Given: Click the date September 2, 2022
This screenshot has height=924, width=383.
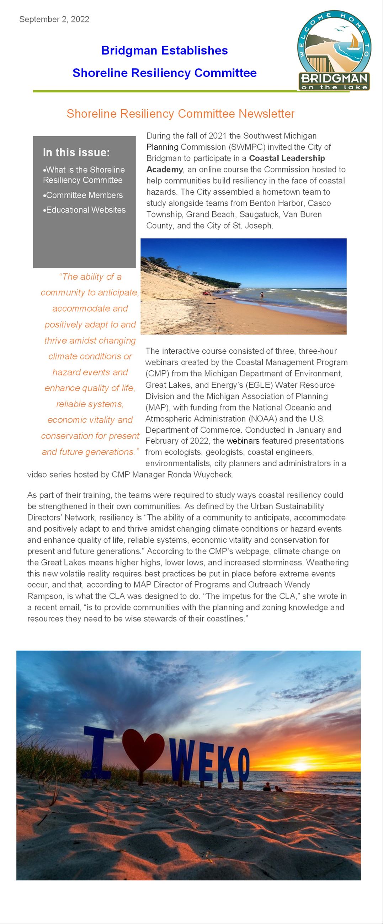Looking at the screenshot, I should coord(54,20).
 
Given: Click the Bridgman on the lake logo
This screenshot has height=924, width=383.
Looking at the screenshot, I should coord(334,50).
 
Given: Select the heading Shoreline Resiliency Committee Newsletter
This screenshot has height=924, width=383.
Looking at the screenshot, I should coord(181,114).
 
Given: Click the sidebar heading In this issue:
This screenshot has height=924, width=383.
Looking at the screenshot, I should coord(76,152).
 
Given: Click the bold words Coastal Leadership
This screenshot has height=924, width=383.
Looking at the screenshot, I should coord(287,158).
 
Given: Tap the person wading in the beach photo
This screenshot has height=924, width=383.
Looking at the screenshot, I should coord(262,295).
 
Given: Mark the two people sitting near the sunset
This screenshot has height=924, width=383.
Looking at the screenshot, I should coord(272,788).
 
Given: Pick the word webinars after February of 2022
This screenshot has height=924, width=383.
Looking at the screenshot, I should coord(243,441).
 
